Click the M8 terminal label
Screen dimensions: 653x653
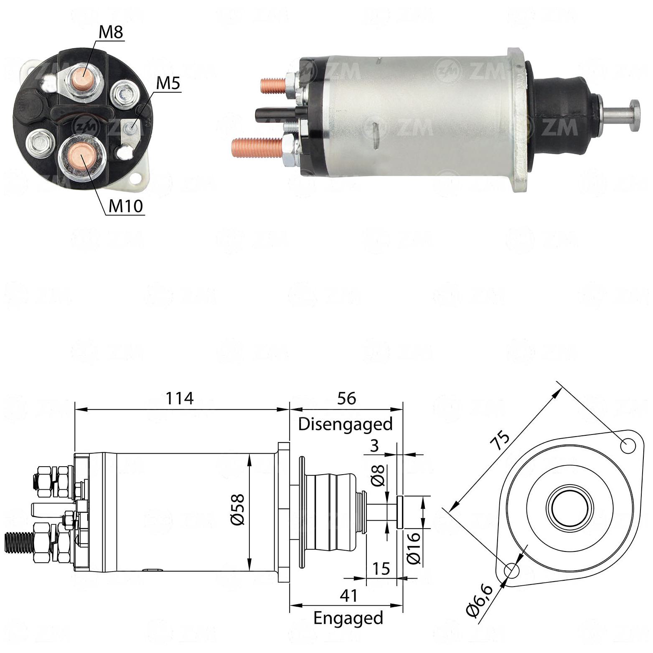click(x=111, y=32)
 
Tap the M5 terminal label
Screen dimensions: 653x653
click(x=168, y=84)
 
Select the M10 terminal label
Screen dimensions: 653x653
click(x=126, y=206)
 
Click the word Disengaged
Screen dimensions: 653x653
click(x=346, y=424)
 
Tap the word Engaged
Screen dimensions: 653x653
click(x=348, y=618)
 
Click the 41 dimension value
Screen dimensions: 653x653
click(x=348, y=595)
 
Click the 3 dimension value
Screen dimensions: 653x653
click(x=374, y=446)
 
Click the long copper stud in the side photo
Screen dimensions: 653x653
click(x=258, y=148)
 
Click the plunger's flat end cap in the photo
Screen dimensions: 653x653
click(x=635, y=115)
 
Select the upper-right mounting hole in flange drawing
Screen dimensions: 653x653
click(x=628, y=446)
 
